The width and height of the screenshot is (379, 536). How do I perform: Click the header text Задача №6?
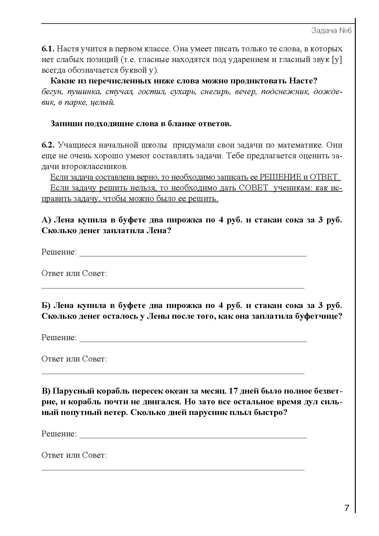tap(331, 31)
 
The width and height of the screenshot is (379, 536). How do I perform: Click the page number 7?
tap(347, 508)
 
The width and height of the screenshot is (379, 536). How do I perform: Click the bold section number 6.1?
tap(48, 49)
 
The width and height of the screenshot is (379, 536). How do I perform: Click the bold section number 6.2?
tap(48, 145)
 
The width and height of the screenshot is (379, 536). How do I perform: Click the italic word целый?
tap(102, 103)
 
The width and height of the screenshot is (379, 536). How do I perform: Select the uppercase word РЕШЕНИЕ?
tap(280, 177)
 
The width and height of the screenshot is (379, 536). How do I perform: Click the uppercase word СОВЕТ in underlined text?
tap(253, 188)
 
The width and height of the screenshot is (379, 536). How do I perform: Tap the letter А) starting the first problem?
tap(46, 220)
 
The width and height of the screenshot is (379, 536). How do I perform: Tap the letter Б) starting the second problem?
tap(46, 306)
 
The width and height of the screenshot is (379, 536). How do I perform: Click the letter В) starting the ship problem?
tap(46, 391)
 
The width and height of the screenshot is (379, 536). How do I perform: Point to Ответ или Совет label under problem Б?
tap(74, 359)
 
